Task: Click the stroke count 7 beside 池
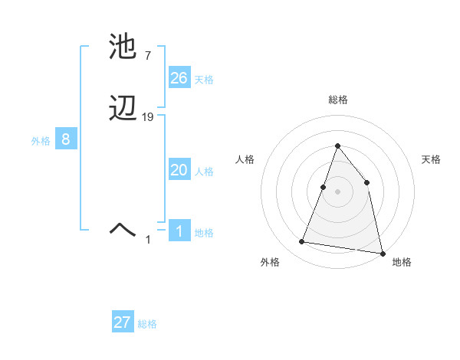coord(147,55)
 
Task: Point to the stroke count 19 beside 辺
coord(148,117)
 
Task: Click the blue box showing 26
coord(179,78)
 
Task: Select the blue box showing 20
coord(179,170)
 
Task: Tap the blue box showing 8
coord(66,139)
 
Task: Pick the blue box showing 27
coord(123,322)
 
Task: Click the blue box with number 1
coord(179,231)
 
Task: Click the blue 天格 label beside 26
coord(204,80)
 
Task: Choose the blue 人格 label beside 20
coord(204,172)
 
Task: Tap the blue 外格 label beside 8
coord(41,141)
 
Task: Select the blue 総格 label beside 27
coord(147,324)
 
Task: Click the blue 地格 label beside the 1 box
coord(204,233)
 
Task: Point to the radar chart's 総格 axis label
coord(337,100)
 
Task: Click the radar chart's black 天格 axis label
coord(432,159)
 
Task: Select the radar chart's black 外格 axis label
coord(270,262)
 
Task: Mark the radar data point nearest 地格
coord(382,253)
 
